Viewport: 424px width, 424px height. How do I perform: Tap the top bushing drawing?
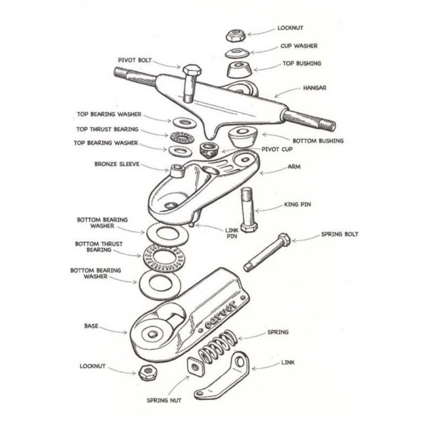(238, 70)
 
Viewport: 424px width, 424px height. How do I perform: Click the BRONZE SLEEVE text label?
(117, 164)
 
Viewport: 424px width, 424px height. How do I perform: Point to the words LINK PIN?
(232, 233)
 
